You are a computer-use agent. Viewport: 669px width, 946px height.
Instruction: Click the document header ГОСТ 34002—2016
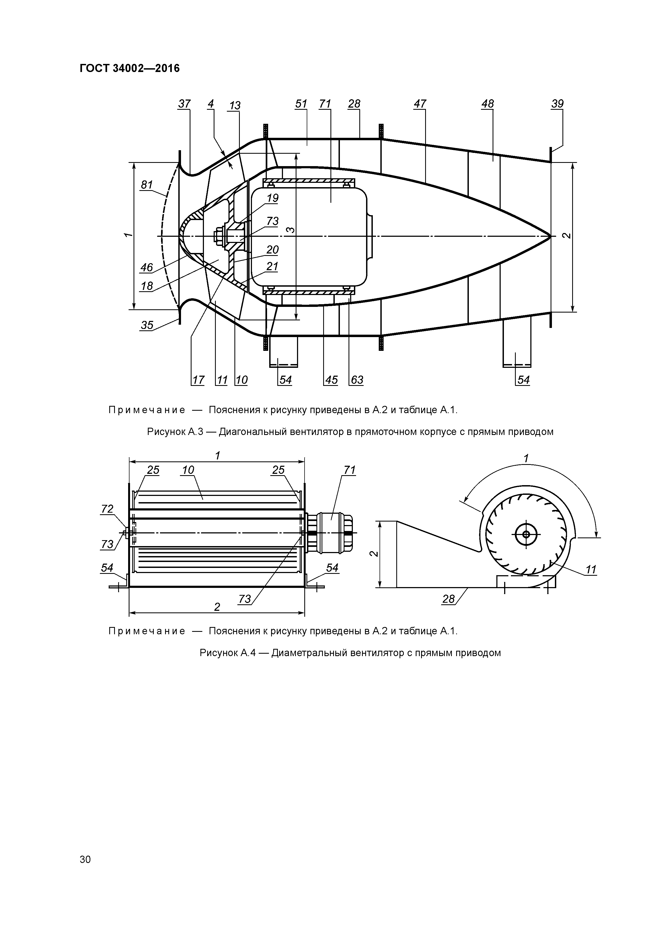pyautogui.click(x=129, y=68)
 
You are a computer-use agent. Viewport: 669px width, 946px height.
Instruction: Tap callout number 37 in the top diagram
pyautogui.click(x=184, y=104)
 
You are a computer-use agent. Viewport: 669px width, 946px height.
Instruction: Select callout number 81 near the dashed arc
pyautogui.click(x=147, y=185)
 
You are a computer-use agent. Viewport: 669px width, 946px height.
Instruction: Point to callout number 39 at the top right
pyautogui.click(x=557, y=104)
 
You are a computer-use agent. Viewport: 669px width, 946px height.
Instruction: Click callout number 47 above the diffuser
pyautogui.click(x=420, y=104)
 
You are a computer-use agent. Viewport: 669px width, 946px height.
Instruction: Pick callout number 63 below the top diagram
pyautogui.click(x=357, y=379)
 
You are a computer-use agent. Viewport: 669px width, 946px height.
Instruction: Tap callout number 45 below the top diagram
pyautogui.click(x=332, y=379)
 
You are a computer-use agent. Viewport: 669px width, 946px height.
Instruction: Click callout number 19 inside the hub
pyautogui.click(x=272, y=198)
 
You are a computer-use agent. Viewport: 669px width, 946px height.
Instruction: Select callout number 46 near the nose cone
pyautogui.click(x=147, y=268)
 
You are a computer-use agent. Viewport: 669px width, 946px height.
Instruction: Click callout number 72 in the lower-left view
pyautogui.click(x=107, y=509)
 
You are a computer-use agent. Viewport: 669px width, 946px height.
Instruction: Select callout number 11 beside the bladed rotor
pyautogui.click(x=591, y=570)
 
